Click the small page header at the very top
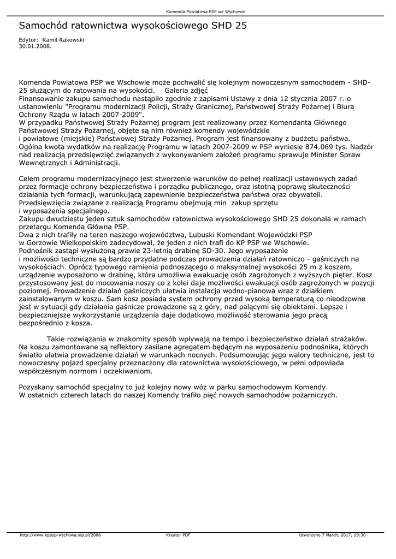pos(197,11)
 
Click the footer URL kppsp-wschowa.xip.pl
pos(60,535)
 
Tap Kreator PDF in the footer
pos(178,535)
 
